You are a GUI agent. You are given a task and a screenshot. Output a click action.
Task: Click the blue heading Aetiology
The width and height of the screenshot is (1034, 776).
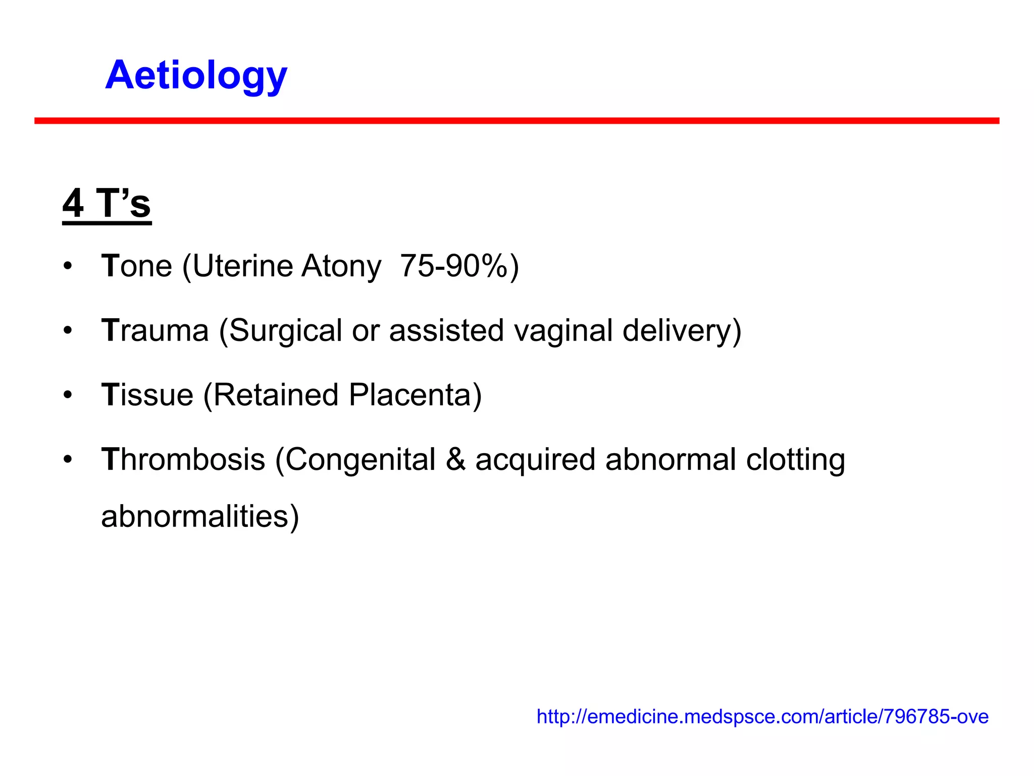pos(196,76)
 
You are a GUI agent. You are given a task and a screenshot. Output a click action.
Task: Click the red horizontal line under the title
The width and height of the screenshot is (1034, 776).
pos(516,121)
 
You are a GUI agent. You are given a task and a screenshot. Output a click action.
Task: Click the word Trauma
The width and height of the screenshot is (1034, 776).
pos(155,330)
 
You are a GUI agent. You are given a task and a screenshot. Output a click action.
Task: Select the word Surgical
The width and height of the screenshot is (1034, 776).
pos(286,331)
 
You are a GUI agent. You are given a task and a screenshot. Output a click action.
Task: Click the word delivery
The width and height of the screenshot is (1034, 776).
pos(677,331)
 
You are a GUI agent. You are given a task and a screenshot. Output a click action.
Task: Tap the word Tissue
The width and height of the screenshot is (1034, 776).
pos(147,395)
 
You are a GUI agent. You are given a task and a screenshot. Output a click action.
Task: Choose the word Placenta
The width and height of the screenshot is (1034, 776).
pos(410,395)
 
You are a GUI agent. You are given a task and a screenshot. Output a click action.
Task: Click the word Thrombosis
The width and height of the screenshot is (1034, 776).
pos(183,460)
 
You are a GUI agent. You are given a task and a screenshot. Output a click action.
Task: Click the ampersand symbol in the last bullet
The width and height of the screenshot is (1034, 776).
pos(455,460)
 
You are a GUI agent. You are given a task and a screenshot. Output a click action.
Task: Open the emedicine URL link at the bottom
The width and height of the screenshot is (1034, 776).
pos(762,716)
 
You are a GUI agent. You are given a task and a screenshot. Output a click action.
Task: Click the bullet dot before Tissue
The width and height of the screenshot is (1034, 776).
pos(68,395)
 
